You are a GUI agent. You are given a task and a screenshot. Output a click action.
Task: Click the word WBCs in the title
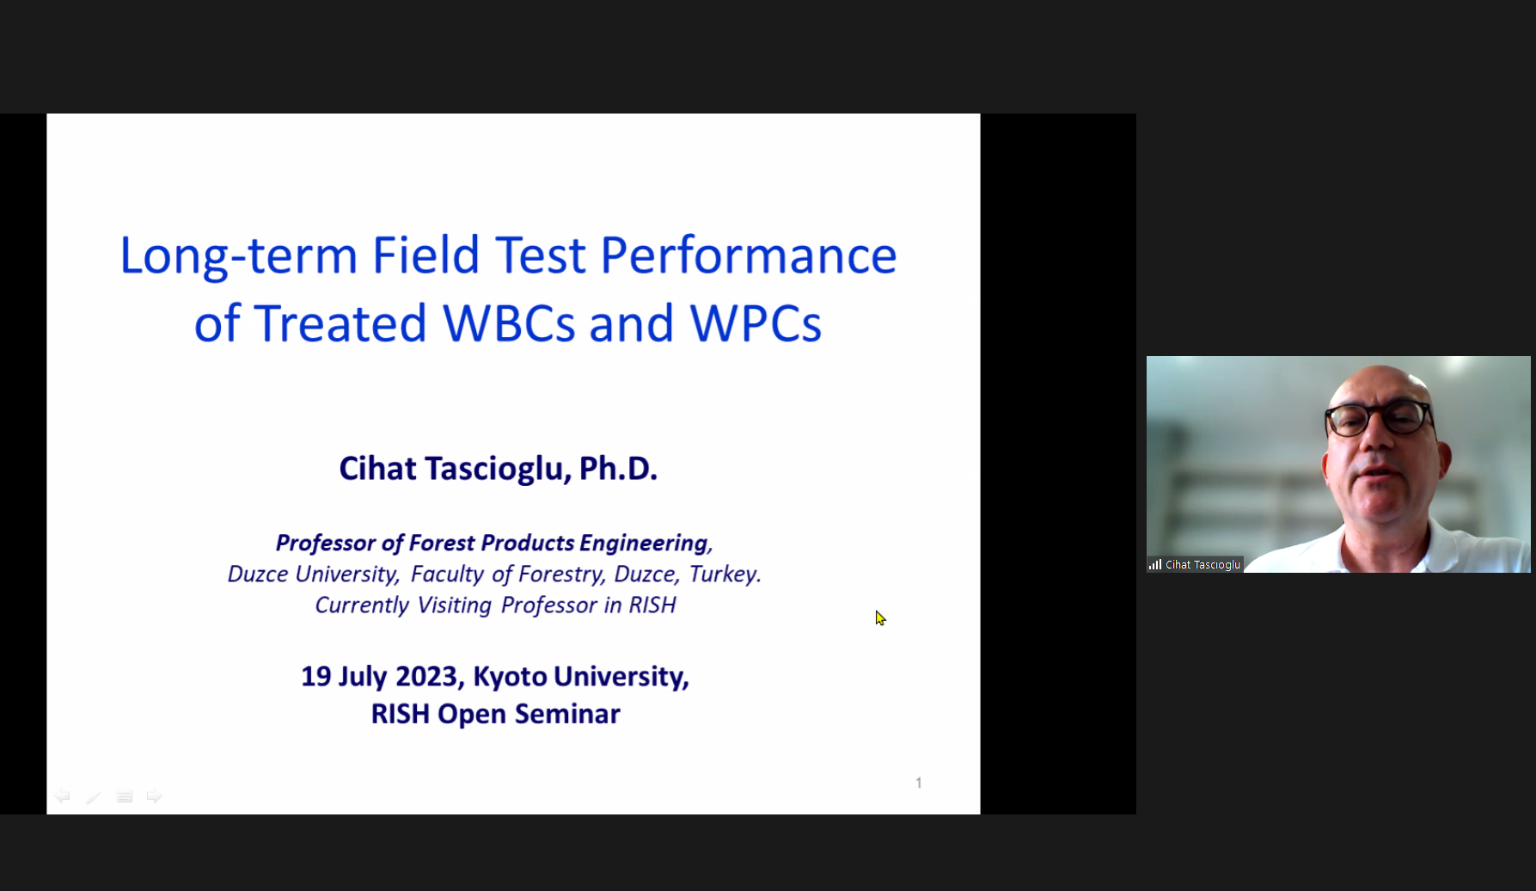(509, 323)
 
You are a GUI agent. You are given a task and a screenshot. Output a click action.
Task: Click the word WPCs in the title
(756, 323)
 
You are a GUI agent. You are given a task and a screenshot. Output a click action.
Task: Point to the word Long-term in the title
(238, 256)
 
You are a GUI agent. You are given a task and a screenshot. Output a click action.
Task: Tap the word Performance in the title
(748, 255)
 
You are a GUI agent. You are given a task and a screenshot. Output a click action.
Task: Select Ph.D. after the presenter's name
(618, 469)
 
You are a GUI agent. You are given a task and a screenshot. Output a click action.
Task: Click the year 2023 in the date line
(425, 676)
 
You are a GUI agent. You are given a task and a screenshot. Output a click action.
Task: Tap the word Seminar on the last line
(567, 714)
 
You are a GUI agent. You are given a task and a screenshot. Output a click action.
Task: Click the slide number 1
(919, 783)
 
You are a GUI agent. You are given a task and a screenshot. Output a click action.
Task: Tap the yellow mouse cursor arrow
(880, 618)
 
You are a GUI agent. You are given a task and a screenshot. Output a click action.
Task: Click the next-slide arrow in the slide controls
(154, 796)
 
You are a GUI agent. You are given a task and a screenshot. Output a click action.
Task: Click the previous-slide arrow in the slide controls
(62, 796)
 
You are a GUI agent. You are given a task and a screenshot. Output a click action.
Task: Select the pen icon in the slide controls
(93, 797)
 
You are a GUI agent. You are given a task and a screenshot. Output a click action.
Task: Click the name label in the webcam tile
(1202, 565)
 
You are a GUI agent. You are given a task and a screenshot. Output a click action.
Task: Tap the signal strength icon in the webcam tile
(1155, 565)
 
